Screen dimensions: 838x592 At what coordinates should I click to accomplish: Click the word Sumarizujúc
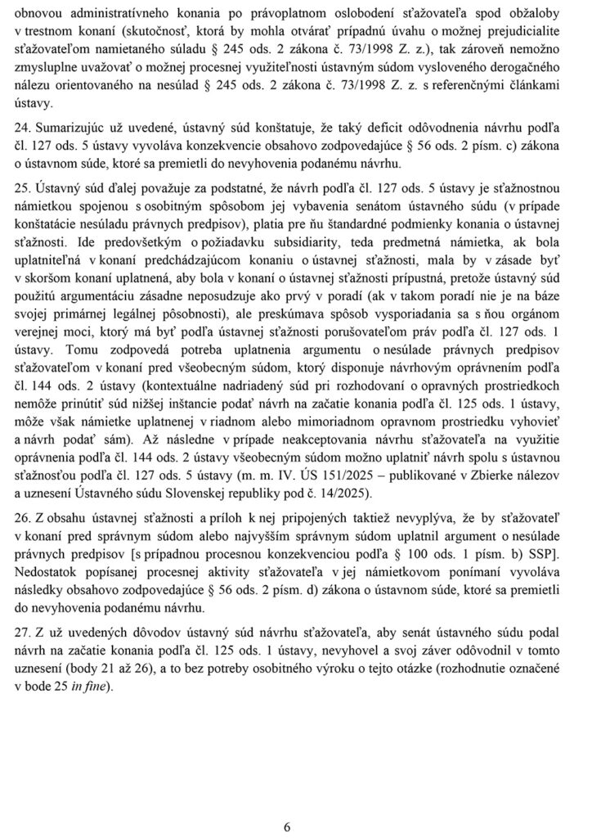[x=74, y=129]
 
